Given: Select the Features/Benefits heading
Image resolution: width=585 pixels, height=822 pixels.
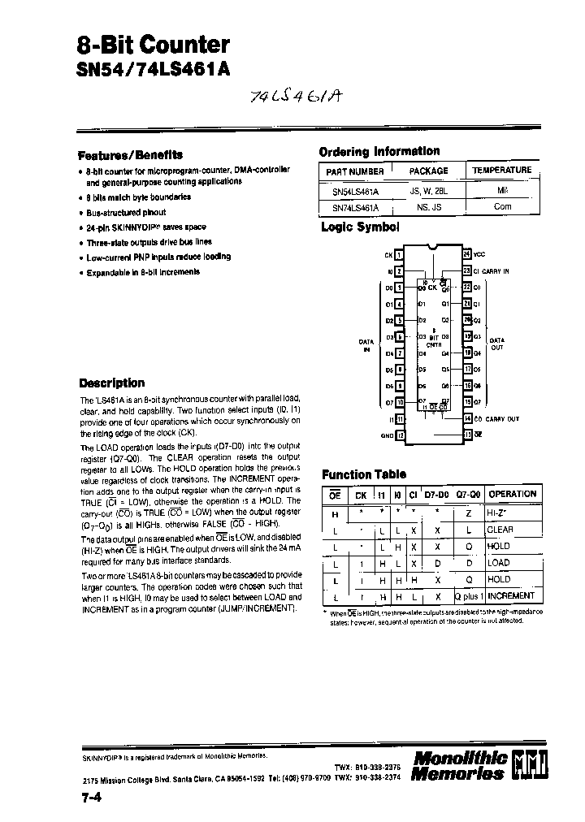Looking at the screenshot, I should pyautogui.click(x=130, y=154).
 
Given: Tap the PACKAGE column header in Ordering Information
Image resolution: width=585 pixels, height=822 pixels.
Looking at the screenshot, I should pyautogui.click(x=428, y=171).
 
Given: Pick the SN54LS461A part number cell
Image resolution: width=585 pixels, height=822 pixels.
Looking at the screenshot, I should pyautogui.click(x=355, y=192).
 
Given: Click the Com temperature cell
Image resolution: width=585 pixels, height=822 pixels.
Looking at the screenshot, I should pyautogui.click(x=502, y=207).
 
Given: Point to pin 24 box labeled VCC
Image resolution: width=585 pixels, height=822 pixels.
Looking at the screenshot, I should pyautogui.click(x=466, y=253).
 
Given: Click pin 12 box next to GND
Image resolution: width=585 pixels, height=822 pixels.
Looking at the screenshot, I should pyautogui.click(x=400, y=435).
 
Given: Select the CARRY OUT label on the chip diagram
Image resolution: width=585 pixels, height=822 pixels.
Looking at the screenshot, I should pyautogui.click(x=502, y=418).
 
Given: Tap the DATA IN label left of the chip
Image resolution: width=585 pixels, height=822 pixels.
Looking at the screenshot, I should pyautogui.click(x=366, y=345).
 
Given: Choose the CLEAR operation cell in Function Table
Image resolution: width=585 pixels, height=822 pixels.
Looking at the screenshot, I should pyautogui.click(x=500, y=529).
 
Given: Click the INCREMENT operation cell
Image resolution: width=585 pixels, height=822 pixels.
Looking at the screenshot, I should pyautogui.click(x=511, y=595).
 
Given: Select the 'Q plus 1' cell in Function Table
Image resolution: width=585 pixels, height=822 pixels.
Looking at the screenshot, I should pyautogui.click(x=470, y=595).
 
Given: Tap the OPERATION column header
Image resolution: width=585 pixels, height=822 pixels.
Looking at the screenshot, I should pyautogui.click(x=512, y=494).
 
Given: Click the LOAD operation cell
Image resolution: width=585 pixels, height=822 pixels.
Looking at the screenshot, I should pyautogui.click(x=498, y=562).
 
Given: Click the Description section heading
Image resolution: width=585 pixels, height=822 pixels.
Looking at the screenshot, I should pyautogui.click(x=112, y=383).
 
